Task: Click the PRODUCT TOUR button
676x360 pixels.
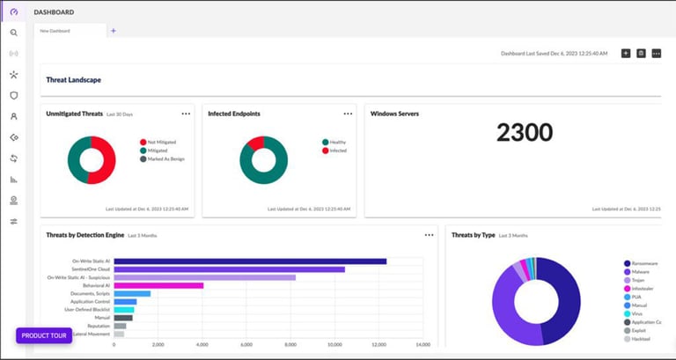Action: pos(44,335)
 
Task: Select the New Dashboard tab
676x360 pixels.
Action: pos(55,31)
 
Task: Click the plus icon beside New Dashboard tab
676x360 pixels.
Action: pos(113,31)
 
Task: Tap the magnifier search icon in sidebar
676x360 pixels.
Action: pos(13,33)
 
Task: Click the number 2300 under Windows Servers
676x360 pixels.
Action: pos(525,133)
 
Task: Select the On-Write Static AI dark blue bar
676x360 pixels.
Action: pos(250,261)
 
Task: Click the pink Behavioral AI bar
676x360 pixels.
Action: pos(158,285)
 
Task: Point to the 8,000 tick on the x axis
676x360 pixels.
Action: pos(290,344)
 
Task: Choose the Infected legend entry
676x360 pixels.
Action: pos(337,151)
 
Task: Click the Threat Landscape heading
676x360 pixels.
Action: pos(73,80)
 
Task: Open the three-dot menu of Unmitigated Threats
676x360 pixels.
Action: pos(186,114)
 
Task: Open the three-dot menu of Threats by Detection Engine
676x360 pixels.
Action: pos(430,235)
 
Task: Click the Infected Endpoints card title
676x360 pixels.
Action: pos(233,114)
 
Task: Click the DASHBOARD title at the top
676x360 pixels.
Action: pos(54,12)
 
